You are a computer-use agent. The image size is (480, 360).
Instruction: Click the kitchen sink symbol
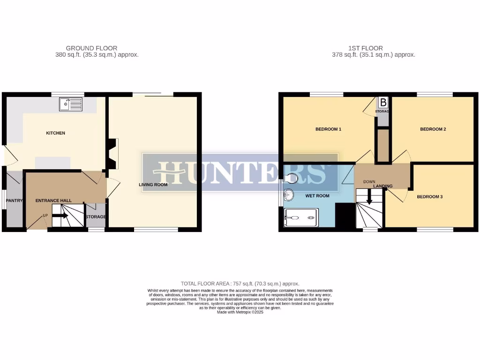pyautogui.click(x=71, y=104)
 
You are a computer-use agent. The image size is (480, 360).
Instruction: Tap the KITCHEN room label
pyautogui.click(x=55, y=133)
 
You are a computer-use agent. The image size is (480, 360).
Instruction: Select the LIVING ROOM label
pyautogui.click(x=153, y=185)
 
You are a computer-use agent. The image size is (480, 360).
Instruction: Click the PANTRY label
pyautogui.click(x=14, y=201)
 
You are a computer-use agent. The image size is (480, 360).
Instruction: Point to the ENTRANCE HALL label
pyautogui.click(x=54, y=201)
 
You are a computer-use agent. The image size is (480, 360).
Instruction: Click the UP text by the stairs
pyautogui.click(x=45, y=216)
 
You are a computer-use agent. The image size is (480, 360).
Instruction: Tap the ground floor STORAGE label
pyautogui.click(x=96, y=217)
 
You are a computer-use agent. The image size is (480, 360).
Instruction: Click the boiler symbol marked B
pyautogui.click(x=383, y=102)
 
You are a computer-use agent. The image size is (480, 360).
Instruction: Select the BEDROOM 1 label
pyautogui.click(x=328, y=129)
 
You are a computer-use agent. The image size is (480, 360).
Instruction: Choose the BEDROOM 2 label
pyautogui.click(x=433, y=129)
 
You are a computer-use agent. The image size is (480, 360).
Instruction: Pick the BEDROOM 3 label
pyautogui.click(x=430, y=197)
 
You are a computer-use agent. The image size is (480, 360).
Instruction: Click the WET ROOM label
pyautogui.click(x=317, y=196)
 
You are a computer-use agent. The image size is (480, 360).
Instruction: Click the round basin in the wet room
pyautogui.click(x=288, y=194)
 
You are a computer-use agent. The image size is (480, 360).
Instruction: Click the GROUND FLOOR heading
pyautogui.click(x=91, y=48)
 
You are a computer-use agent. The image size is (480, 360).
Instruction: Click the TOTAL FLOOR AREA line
pyautogui.click(x=240, y=284)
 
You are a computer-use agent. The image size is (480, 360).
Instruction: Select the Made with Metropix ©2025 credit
pyautogui.click(x=240, y=312)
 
